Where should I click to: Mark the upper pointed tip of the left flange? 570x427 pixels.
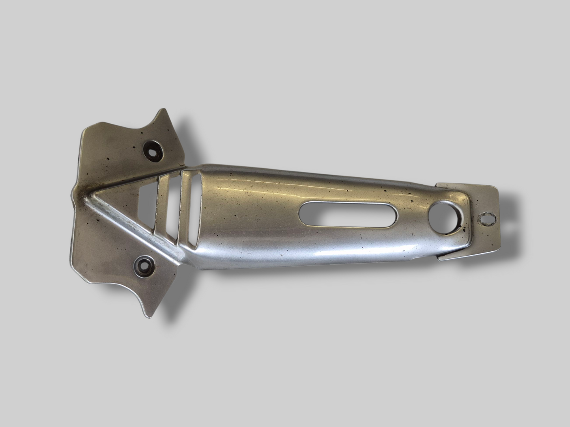(161, 111)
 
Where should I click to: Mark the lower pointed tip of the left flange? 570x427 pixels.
(148, 317)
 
